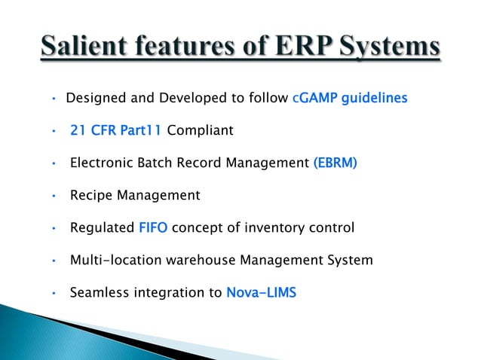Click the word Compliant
[x=200, y=131]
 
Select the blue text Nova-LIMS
[x=261, y=293]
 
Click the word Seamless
[x=99, y=293]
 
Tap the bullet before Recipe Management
[x=54, y=197]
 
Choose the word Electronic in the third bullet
[x=100, y=163]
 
